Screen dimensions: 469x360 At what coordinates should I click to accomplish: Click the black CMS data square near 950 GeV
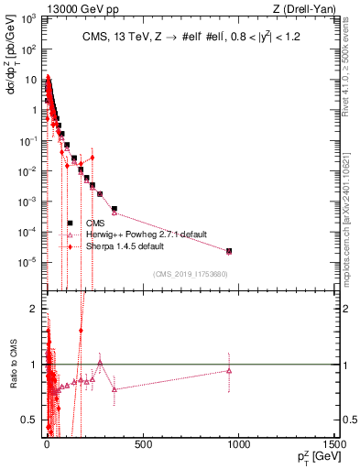pos(229,251)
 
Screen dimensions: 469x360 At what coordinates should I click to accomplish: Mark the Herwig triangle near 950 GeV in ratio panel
pos(229,370)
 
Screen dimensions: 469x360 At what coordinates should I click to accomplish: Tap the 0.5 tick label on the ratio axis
pos(30,420)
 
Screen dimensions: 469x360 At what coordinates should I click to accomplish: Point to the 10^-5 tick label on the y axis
pos(27,263)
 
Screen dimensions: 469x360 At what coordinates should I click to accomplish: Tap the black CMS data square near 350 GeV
pos(115,209)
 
